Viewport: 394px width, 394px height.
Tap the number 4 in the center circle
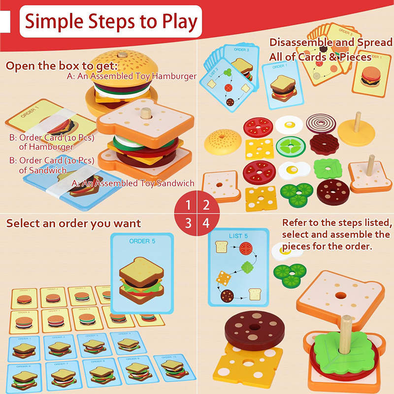point(206,223)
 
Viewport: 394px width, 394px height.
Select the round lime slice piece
point(288,146)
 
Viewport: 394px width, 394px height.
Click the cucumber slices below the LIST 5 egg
point(289,274)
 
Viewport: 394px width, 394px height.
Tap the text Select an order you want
point(73,223)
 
